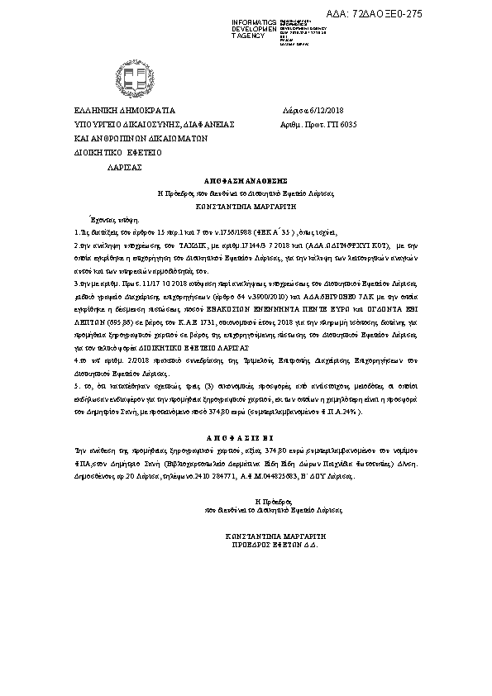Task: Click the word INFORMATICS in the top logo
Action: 254,20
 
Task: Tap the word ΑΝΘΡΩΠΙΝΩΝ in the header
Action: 131,139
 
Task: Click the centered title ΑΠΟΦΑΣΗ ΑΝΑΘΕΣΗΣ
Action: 246,179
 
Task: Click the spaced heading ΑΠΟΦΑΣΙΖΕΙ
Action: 246,439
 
